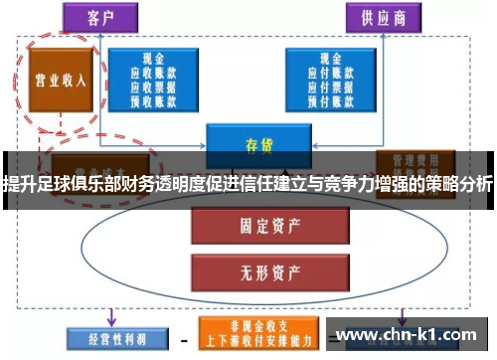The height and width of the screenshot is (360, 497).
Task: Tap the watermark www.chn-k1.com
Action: [407, 335]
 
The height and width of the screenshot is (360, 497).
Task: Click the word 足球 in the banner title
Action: [52, 183]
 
